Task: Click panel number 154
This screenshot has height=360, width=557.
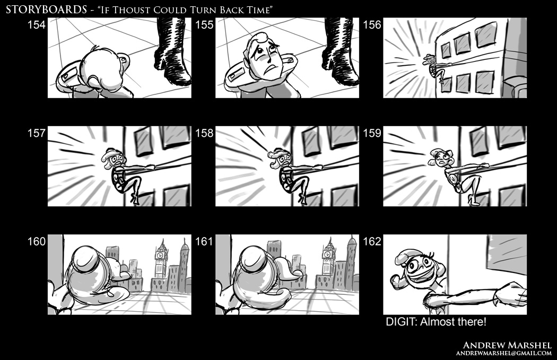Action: click(37, 25)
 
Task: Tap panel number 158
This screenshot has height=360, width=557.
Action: click(204, 133)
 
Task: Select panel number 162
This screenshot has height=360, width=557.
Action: click(372, 241)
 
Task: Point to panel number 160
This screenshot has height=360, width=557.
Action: click(37, 241)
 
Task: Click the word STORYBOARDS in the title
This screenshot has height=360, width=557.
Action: click(46, 9)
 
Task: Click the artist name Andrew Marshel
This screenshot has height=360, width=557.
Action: click(507, 345)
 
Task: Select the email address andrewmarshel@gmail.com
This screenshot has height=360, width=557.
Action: click(504, 353)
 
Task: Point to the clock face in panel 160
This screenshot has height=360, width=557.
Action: click(161, 255)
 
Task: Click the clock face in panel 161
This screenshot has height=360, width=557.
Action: click(328, 254)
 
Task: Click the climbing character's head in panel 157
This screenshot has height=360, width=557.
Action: click(114, 159)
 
